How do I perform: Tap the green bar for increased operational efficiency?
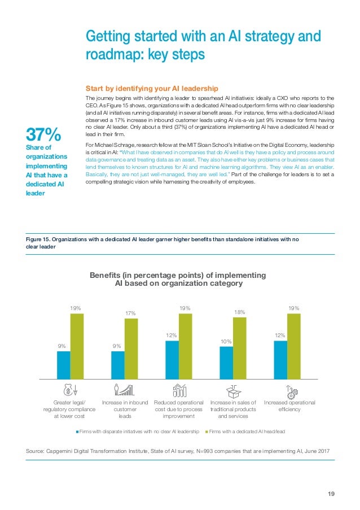(293, 346)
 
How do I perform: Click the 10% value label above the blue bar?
(226, 341)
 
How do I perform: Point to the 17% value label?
(131, 313)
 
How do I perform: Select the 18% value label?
(239, 312)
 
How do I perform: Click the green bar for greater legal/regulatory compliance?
(77, 346)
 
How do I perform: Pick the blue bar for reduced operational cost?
(172, 359)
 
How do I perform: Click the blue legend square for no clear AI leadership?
(77, 431)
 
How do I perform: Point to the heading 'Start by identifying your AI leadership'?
(151, 89)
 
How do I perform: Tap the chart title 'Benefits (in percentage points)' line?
(178, 275)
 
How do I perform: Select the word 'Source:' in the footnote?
(37, 451)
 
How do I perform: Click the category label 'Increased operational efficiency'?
(289, 406)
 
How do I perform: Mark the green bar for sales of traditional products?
(239, 347)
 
